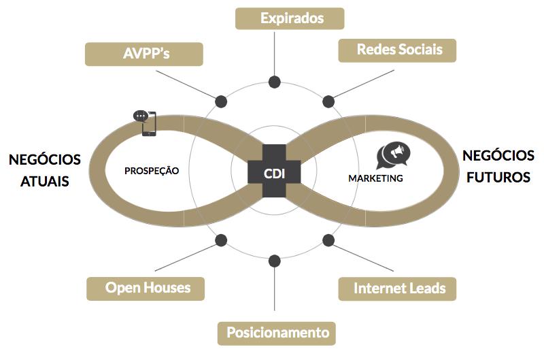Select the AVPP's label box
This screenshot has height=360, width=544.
tap(143, 54)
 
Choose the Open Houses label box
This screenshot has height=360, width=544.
tap(148, 288)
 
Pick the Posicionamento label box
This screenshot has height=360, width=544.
tap(277, 333)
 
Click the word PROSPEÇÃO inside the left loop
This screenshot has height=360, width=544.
tap(152, 171)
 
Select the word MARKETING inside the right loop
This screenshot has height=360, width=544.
tap(375, 178)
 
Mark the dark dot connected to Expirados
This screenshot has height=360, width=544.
tap(275, 82)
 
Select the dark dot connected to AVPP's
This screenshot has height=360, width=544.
tap(221, 101)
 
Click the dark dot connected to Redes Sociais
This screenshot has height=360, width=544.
tap(328, 101)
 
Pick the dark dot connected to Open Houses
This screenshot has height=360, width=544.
tap(221, 240)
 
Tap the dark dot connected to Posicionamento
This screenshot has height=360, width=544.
tap(275, 261)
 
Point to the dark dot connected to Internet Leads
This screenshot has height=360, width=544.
tap(328, 240)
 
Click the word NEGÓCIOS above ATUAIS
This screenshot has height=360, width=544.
tap(45, 160)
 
